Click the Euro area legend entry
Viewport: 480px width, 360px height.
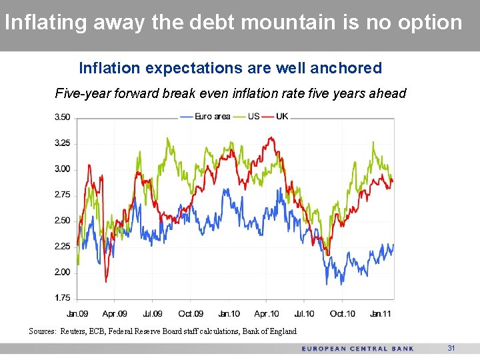click(x=212, y=117)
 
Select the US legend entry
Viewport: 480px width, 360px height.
click(x=253, y=117)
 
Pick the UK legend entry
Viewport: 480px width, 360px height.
click(x=282, y=117)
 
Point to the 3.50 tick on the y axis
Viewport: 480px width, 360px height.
click(x=62, y=117)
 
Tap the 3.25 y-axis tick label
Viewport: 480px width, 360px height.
click(x=62, y=143)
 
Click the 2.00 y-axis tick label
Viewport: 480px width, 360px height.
click(x=62, y=272)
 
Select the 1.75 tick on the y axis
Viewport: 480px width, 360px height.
click(x=62, y=298)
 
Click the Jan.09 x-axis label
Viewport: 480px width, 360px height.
click(x=77, y=314)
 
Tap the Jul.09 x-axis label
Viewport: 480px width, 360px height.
click(x=152, y=314)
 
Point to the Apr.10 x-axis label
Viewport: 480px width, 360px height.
click(x=266, y=314)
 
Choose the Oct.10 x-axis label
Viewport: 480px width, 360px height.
click(x=342, y=314)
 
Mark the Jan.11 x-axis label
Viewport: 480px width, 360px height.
click(x=381, y=314)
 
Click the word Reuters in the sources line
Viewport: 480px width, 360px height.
click(x=73, y=331)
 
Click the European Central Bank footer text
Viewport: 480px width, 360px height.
click(x=357, y=349)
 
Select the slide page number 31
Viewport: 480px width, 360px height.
click(x=451, y=349)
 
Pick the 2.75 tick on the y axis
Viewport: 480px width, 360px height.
click(x=62, y=195)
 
